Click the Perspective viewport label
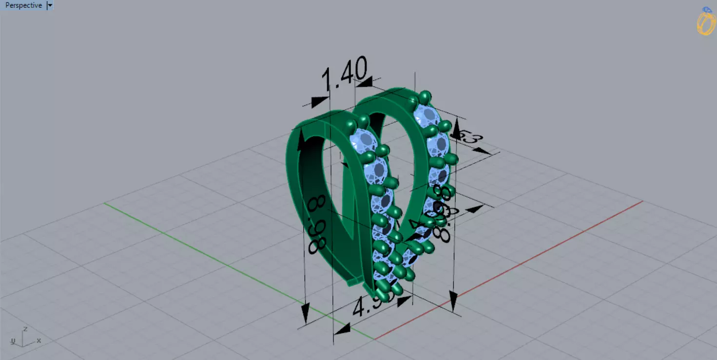point(23,5)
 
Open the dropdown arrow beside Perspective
point(50,5)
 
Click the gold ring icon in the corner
point(705,22)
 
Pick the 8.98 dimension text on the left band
point(318,224)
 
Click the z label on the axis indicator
point(25,329)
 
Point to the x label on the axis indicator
point(39,341)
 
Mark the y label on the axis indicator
point(13,341)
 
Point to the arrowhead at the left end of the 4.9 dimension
point(342,329)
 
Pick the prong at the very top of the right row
point(426,96)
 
